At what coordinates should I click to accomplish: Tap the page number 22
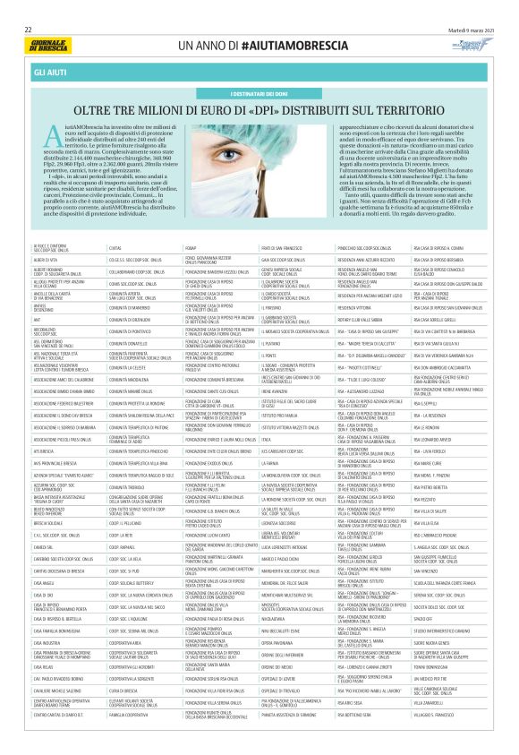point(28,29)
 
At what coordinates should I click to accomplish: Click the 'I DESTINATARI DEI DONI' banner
point(259,92)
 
